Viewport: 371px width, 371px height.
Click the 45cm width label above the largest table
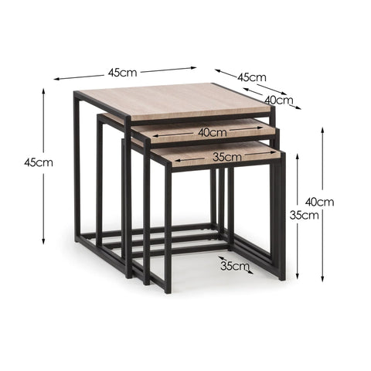click(x=123, y=73)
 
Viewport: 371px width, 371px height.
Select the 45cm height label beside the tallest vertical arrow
click(x=39, y=162)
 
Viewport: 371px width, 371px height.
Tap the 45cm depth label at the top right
click(x=252, y=77)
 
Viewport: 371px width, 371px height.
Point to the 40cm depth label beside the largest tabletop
click(x=278, y=100)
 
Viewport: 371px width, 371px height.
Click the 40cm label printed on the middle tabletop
click(x=212, y=132)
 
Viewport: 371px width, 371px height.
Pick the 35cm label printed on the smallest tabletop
click(x=227, y=157)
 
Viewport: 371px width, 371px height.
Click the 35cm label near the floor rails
click(x=235, y=267)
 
